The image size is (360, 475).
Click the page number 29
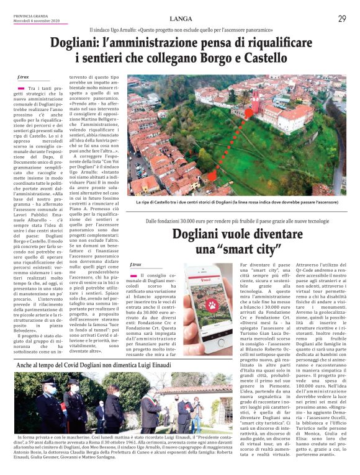tap(342, 19)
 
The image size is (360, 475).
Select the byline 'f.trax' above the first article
tap(23, 79)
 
